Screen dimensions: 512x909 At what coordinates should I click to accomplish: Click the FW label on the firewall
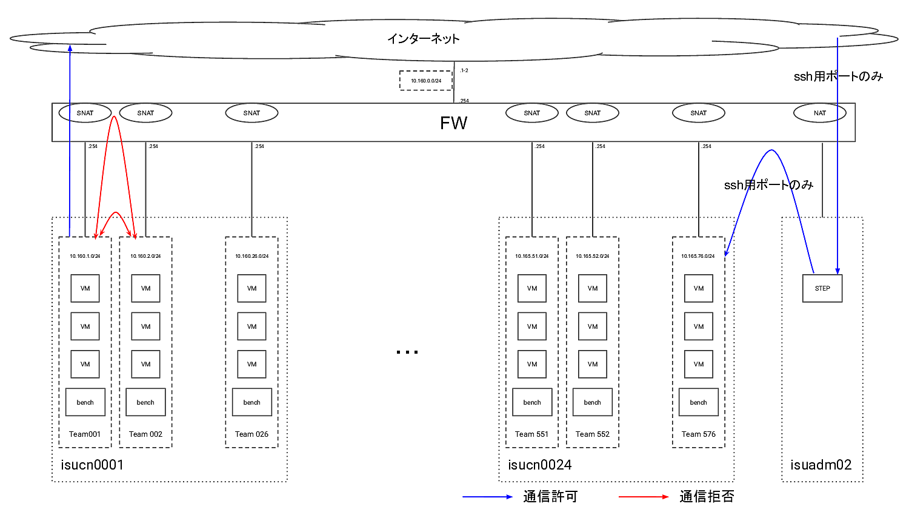(453, 123)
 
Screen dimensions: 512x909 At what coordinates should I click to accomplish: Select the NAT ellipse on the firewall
(819, 113)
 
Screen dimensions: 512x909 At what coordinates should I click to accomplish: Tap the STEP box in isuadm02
(822, 288)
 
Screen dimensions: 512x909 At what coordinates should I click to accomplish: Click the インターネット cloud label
(423, 39)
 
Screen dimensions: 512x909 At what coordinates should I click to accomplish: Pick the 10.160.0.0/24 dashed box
(426, 81)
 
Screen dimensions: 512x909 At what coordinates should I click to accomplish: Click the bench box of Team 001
(85, 402)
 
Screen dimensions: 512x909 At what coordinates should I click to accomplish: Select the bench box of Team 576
(698, 402)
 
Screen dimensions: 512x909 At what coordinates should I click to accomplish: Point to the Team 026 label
(251, 434)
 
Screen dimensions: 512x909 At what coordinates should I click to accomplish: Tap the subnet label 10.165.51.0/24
(531, 256)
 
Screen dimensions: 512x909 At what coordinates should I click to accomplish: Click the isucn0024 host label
(539, 465)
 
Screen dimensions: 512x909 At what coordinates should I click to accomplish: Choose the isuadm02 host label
(821, 465)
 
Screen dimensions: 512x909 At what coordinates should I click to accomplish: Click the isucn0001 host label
(92, 465)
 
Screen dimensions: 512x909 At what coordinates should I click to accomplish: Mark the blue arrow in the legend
(487, 497)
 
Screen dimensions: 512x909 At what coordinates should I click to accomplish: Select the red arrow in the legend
(644, 497)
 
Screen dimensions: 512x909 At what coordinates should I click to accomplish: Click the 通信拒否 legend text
(707, 497)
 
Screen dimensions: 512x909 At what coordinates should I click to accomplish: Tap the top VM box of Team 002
(145, 288)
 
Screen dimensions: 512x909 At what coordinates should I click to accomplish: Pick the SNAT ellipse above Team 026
(251, 113)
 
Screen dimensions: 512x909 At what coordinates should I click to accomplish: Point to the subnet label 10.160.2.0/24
(145, 256)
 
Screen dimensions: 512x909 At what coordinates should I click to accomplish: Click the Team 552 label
(592, 434)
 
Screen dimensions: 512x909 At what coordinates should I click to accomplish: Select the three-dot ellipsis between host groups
(407, 352)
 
